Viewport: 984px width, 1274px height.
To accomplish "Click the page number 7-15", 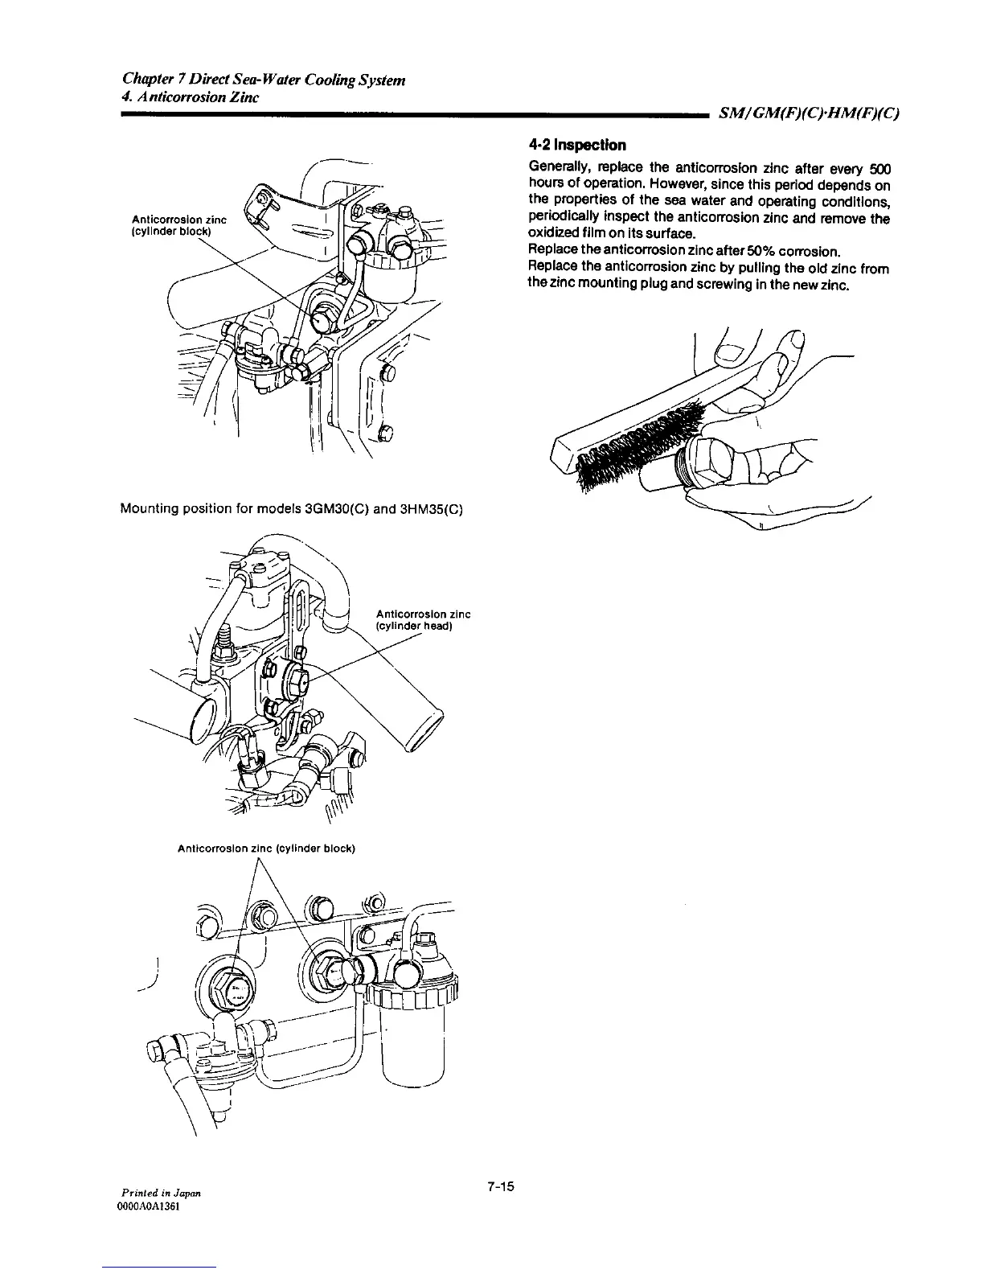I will (499, 1186).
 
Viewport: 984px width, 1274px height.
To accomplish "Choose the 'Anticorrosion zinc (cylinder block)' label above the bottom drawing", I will (266, 848).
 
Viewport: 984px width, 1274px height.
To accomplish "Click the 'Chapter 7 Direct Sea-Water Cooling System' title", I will (264, 80).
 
